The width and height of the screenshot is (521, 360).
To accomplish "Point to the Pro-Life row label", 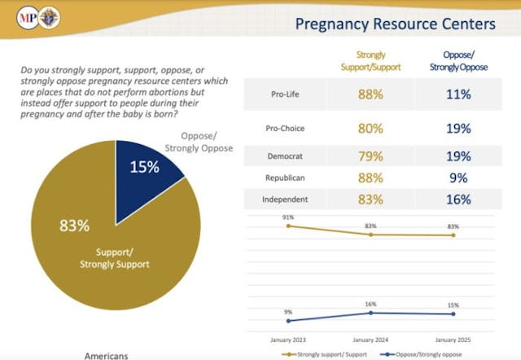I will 285,94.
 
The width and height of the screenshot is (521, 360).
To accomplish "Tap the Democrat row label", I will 284,155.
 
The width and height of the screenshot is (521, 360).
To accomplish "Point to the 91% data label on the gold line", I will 288,217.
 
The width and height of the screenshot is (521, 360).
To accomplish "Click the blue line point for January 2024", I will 371,313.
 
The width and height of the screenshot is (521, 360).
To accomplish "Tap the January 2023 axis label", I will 287,339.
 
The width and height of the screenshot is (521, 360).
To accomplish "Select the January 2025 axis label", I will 453,339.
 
